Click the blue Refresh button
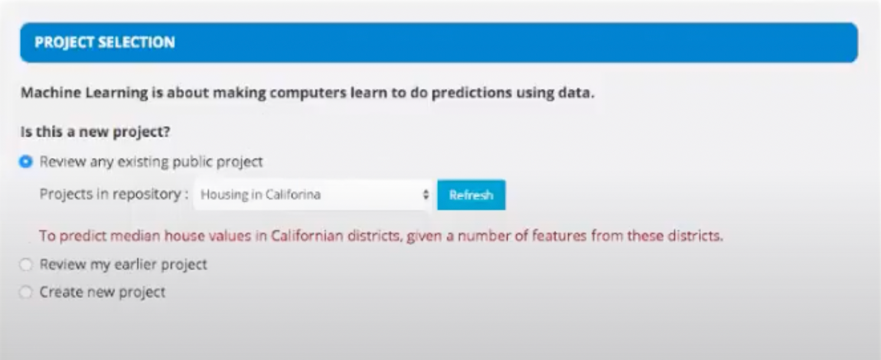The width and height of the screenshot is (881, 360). point(471,195)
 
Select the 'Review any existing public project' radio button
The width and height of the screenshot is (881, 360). point(26,162)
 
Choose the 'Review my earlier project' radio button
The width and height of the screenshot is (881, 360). point(26,264)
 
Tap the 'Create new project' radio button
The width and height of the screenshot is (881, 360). point(26,292)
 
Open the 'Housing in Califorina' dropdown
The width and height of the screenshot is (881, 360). point(314,195)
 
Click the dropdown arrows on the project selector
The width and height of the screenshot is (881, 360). point(426,195)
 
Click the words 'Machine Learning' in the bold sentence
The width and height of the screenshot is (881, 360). point(84,93)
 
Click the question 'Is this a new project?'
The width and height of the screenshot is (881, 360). point(95,132)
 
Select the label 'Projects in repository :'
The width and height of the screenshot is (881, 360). point(114,194)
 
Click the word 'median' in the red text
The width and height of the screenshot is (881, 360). point(135,236)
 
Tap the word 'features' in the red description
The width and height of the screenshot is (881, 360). point(559,236)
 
